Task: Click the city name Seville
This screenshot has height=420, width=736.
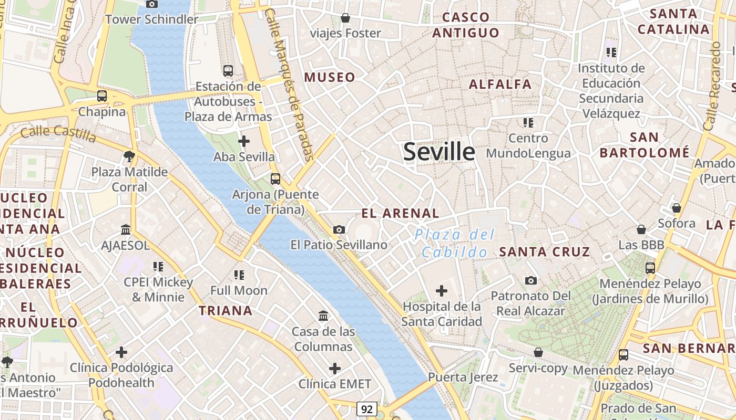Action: (x=439, y=152)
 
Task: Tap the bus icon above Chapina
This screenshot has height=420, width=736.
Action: (x=102, y=96)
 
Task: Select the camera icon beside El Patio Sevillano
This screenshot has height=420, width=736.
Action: (x=339, y=229)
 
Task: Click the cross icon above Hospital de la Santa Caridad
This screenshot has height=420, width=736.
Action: (x=442, y=290)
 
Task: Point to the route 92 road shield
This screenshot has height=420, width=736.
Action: (x=367, y=408)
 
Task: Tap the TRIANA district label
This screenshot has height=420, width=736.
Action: (x=226, y=310)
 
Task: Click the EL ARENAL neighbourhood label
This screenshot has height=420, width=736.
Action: (x=400, y=213)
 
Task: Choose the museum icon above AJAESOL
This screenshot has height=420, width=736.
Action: (x=126, y=229)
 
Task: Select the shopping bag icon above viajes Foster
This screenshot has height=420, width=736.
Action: (x=345, y=18)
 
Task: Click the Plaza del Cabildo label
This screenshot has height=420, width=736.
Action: (x=455, y=243)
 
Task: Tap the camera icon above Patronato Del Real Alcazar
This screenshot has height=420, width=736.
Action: (x=531, y=280)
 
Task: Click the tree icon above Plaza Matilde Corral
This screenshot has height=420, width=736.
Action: (x=129, y=156)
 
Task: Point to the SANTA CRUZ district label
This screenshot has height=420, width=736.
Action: (x=545, y=251)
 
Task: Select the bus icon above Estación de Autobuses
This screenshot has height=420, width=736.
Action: (x=228, y=70)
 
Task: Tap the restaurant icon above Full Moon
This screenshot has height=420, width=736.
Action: (x=239, y=275)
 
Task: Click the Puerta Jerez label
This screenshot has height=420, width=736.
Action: (x=463, y=377)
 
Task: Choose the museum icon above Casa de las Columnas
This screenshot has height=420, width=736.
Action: (x=323, y=316)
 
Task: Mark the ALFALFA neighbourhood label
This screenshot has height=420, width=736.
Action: (x=500, y=84)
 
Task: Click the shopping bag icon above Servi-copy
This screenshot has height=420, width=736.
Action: (x=538, y=352)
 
